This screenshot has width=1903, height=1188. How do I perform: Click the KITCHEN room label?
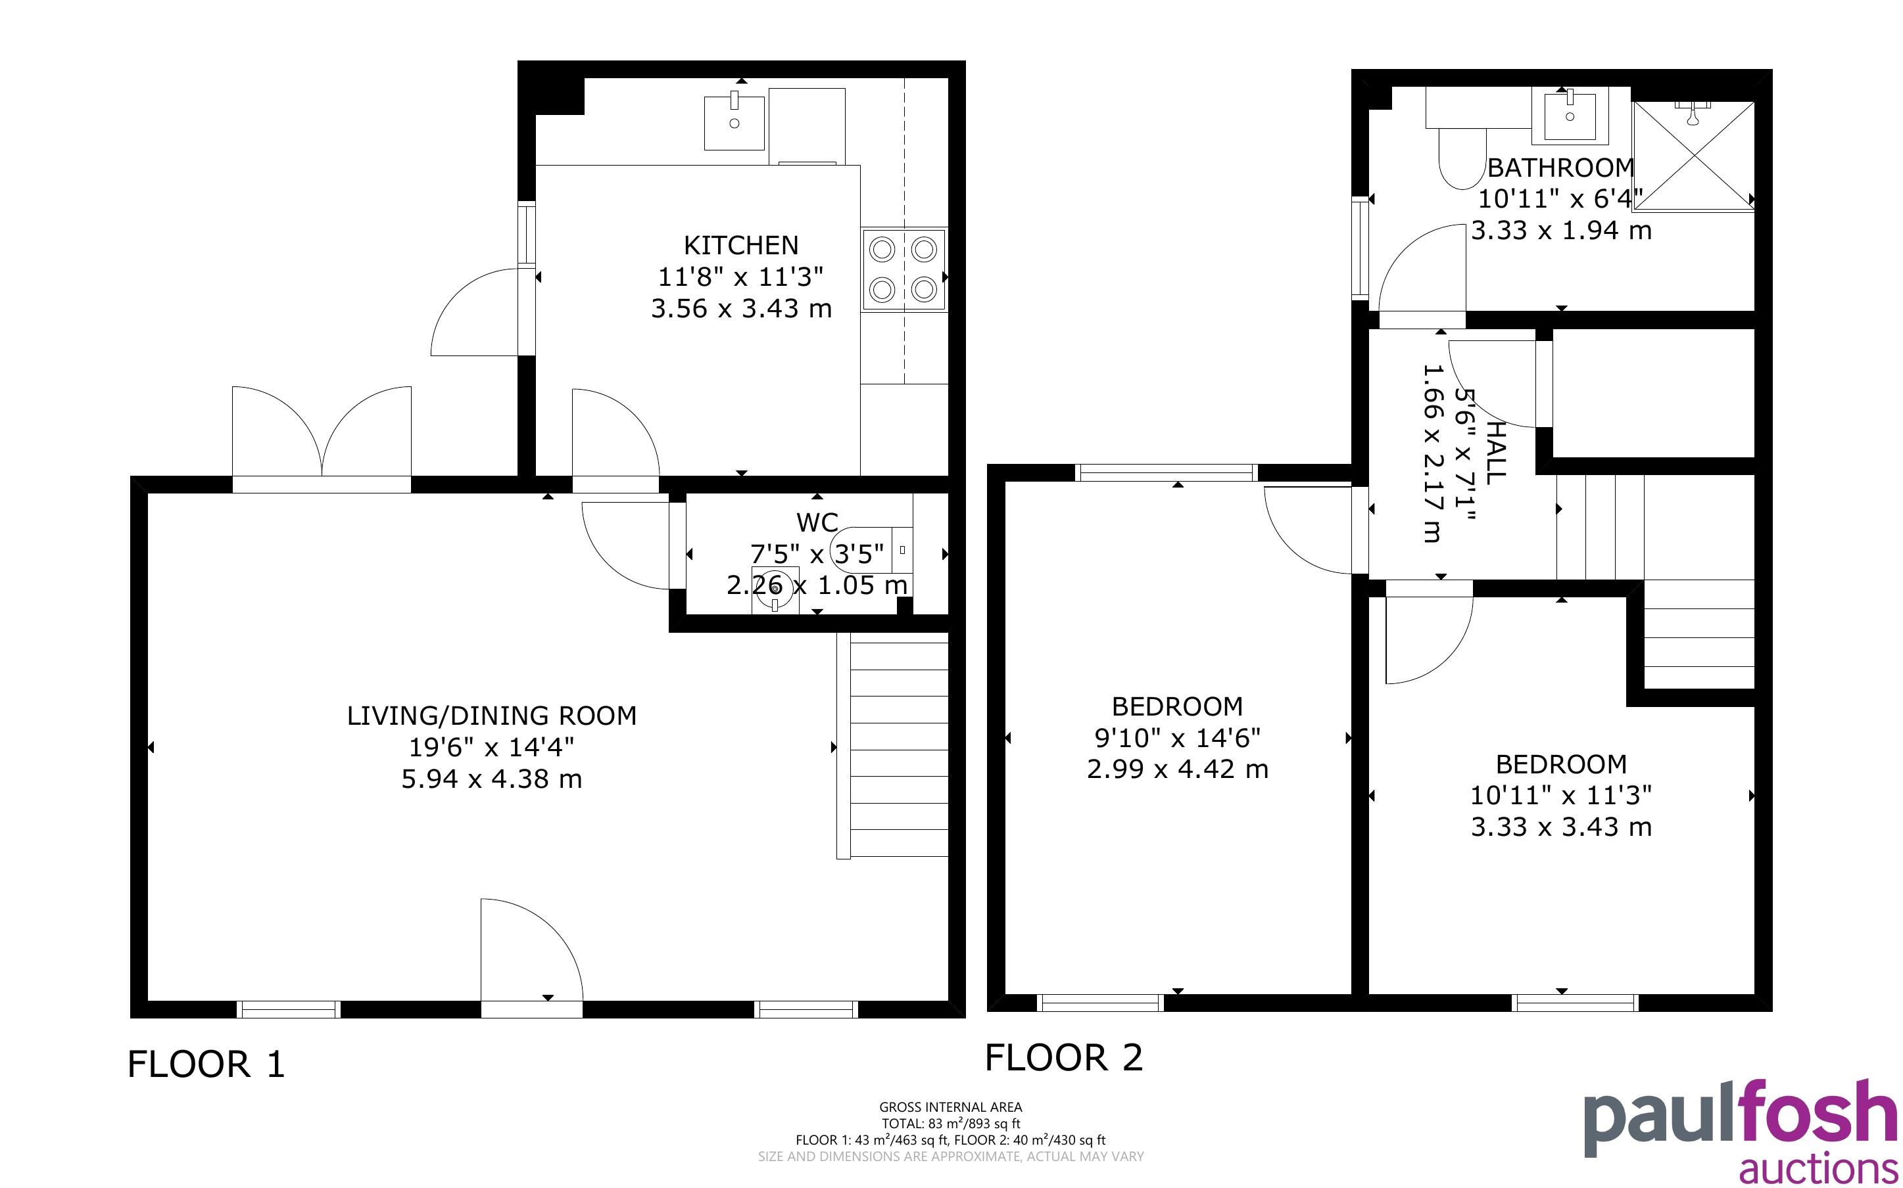point(740,246)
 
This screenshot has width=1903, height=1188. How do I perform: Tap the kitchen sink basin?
point(734,123)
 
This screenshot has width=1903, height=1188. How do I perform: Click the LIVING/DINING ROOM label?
point(491,716)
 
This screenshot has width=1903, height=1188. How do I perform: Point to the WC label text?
point(817,522)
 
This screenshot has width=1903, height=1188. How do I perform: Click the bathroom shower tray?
point(1693,156)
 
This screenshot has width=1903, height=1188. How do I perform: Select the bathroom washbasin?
point(1570,116)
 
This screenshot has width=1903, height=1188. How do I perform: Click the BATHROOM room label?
point(1560,168)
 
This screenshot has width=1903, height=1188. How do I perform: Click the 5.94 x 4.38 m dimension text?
point(491,779)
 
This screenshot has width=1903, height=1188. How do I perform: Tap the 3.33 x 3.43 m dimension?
point(1561,827)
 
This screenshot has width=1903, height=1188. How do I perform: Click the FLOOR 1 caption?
point(206,1064)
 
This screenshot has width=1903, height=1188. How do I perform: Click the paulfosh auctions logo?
point(1741,1131)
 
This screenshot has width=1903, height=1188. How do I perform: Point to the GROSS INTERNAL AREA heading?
point(950,1107)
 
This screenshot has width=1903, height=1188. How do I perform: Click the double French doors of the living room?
point(322,440)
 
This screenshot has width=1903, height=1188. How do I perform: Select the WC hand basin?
point(775,589)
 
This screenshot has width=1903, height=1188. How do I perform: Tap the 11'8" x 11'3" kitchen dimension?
point(740,277)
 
